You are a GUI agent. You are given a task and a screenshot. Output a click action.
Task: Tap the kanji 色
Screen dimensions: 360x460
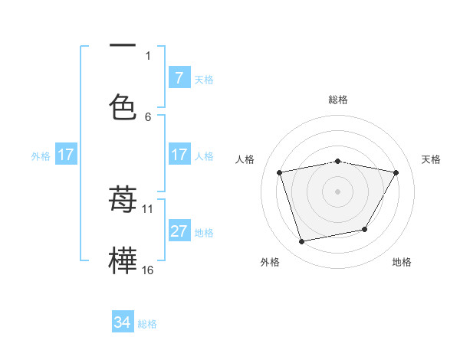point(123,106)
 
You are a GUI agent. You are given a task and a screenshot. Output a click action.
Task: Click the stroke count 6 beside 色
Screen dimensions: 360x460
point(148,116)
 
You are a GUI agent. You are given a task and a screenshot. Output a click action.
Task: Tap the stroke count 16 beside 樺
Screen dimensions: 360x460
point(148,270)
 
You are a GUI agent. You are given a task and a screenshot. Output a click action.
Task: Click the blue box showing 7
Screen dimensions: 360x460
point(179,77)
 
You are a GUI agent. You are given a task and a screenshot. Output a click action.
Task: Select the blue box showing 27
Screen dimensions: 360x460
point(179,231)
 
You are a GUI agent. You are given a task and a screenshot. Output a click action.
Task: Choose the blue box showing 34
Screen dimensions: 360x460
point(123,322)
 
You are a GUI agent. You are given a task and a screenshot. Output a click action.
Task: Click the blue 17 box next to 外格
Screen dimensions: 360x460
point(66,155)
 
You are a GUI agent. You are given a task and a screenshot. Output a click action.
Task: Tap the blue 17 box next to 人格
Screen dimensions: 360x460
point(179,155)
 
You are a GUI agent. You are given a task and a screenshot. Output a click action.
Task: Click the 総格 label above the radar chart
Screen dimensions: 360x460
point(337,100)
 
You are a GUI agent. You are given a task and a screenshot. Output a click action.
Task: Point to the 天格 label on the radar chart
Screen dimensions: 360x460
point(431,159)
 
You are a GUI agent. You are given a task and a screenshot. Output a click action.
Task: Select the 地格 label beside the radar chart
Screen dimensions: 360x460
point(402,262)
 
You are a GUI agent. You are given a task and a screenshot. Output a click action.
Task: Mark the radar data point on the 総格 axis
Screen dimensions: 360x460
point(337,162)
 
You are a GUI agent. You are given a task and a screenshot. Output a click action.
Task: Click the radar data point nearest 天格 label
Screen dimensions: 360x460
point(396,172)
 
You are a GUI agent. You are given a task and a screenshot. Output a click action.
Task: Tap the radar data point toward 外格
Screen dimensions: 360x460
point(301,241)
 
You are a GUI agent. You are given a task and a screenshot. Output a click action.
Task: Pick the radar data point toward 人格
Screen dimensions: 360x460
point(280,172)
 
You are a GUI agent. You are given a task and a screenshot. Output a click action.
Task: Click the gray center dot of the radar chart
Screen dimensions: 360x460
point(337,191)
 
